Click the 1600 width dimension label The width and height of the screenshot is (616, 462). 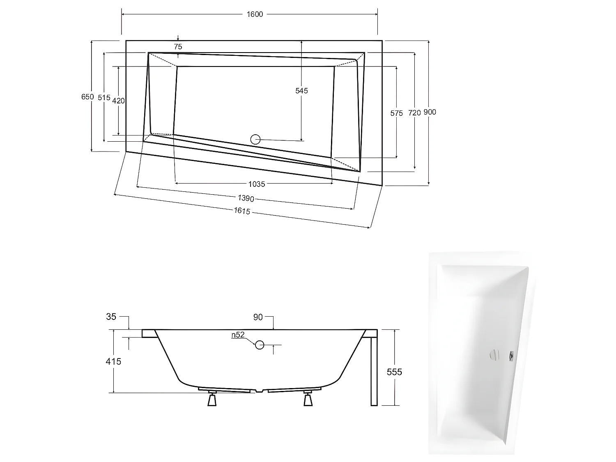pyautogui.click(x=255, y=14)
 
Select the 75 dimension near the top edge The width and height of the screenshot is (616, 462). pyautogui.click(x=178, y=47)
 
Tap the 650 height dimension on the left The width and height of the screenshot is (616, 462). pyautogui.click(x=87, y=97)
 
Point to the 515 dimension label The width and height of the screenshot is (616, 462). pyautogui.click(x=104, y=98)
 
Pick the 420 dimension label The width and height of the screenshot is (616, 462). pyautogui.click(x=118, y=101)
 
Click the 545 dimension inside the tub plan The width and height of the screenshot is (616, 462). pyautogui.click(x=301, y=91)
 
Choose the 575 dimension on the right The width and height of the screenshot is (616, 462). pyautogui.click(x=397, y=113)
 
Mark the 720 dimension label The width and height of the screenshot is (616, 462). pyautogui.click(x=415, y=113)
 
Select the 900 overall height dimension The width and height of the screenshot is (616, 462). pyautogui.click(x=430, y=112)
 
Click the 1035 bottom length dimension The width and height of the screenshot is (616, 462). pyautogui.click(x=256, y=184)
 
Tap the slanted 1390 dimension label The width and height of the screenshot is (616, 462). pyautogui.click(x=246, y=198)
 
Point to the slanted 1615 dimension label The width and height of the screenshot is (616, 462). pyautogui.click(x=242, y=211)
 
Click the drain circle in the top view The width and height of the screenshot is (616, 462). pyautogui.click(x=255, y=140)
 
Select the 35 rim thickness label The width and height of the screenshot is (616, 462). pyautogui.click(x=111, y=317)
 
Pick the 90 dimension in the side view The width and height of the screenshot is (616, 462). pyautogui.click(x=258, y=317)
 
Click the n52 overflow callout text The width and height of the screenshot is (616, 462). pyautogui.click(x=238, y=335)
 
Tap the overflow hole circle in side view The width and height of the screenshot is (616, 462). pyautogui.click(x=260, y=345)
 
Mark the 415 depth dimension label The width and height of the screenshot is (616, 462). pyautogui.click(x=113, y=361)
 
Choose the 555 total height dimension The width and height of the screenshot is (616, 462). pyautogui.click(x=395, y=372)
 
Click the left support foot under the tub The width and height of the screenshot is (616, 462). pyautogui.click(x=212, y=399)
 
